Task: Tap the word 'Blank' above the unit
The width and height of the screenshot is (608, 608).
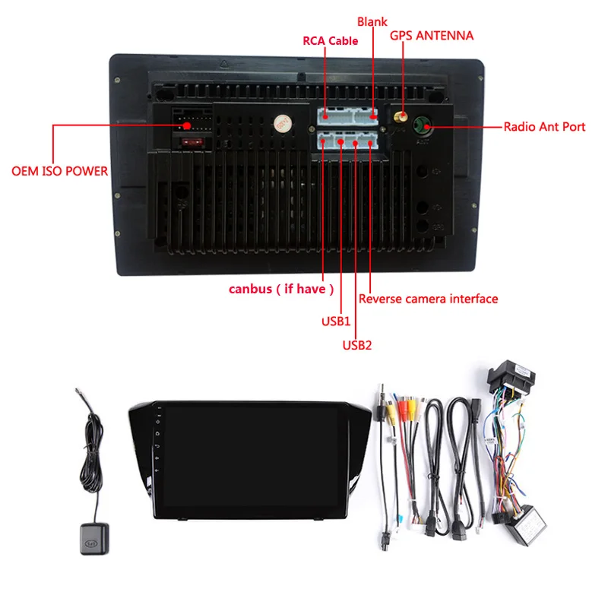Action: point(372,23)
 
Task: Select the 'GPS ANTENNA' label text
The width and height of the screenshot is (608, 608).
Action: point(432,36)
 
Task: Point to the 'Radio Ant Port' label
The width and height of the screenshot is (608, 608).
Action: point(544,127)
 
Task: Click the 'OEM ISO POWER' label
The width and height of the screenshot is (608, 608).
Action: point(59,171)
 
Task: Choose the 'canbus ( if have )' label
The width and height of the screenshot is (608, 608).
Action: point(282,289)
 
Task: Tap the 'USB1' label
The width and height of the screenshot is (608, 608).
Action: point(335,321)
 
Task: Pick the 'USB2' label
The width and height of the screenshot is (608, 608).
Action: point(356,345)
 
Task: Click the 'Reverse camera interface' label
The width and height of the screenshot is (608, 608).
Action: point(429,299)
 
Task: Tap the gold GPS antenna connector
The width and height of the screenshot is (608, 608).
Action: point(400,118)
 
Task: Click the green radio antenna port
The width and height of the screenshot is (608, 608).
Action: point(422,125)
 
